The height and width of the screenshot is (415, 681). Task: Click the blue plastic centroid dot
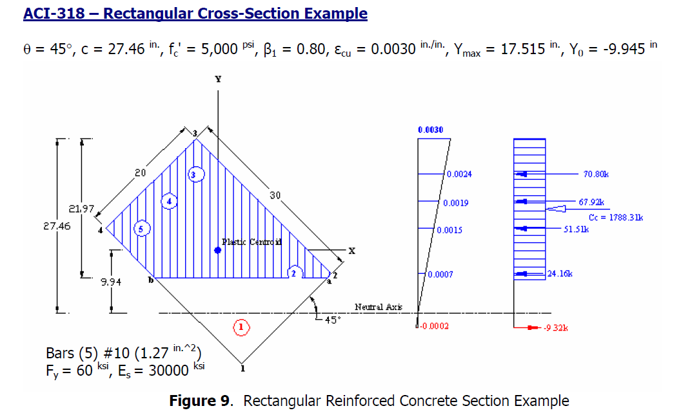pos(218,250)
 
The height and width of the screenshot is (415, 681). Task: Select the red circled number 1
pos(241,327)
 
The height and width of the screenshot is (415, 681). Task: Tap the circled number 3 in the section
pos(195,175)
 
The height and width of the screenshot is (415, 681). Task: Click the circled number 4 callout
pos(169,201)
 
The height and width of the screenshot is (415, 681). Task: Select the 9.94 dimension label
pos(110,282)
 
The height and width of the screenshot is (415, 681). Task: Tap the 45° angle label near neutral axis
pos(330,320)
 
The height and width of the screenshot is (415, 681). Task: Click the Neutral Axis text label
pos(378,307)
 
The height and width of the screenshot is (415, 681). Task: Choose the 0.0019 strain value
pos(455,203)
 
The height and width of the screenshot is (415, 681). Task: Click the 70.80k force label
pos(597,174)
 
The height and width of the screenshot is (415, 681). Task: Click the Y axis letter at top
pos(218,79)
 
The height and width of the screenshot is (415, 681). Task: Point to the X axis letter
pos(351,251)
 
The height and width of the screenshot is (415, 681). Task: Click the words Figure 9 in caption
pos(199,401)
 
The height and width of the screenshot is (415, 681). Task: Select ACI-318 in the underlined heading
pos(53,14)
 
